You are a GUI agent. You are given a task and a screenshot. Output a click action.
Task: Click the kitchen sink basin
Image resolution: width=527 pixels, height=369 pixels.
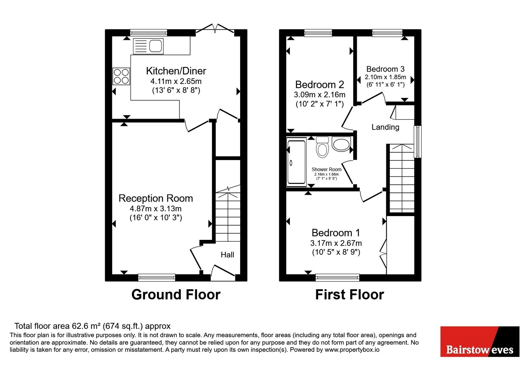click(155, 46)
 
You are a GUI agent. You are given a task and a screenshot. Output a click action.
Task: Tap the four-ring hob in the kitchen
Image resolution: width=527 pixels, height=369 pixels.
click(121, 76)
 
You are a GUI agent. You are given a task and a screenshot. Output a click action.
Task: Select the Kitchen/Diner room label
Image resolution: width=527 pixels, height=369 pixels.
click(176, 71)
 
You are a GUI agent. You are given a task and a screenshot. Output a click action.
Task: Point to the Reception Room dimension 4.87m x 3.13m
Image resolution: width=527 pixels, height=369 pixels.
click(155, 209)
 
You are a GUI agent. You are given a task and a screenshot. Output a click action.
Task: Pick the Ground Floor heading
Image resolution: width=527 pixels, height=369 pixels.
click(176, 295)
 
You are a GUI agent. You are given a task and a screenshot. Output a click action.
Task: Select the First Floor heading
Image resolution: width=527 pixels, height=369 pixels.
click(349, 295)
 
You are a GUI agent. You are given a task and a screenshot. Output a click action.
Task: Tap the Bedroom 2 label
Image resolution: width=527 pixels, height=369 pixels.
click(319, 84)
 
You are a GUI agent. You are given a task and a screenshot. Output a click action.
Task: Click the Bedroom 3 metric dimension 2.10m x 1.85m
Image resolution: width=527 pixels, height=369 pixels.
click(385, 77)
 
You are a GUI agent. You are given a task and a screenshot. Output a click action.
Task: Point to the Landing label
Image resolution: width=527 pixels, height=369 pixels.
click(385, 127)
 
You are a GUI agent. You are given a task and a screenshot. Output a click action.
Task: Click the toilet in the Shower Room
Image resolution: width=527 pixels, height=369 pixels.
click(322, 147)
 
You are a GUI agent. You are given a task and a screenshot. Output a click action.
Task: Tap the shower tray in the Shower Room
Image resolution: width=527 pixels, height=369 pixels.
click(296, 162)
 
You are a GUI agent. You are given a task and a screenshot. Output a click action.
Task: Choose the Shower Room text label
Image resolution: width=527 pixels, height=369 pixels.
click(326, 169)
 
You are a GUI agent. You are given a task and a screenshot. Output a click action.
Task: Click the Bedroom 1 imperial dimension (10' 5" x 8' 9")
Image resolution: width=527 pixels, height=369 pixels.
click(336, 252)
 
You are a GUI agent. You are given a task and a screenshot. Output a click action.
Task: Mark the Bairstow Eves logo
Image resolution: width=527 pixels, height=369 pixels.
click(480, 341)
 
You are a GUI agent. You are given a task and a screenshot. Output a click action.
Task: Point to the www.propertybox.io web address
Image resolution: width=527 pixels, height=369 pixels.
click(352, 350)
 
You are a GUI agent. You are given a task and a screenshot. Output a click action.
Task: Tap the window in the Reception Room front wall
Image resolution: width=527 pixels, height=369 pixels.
click(157, 278)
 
